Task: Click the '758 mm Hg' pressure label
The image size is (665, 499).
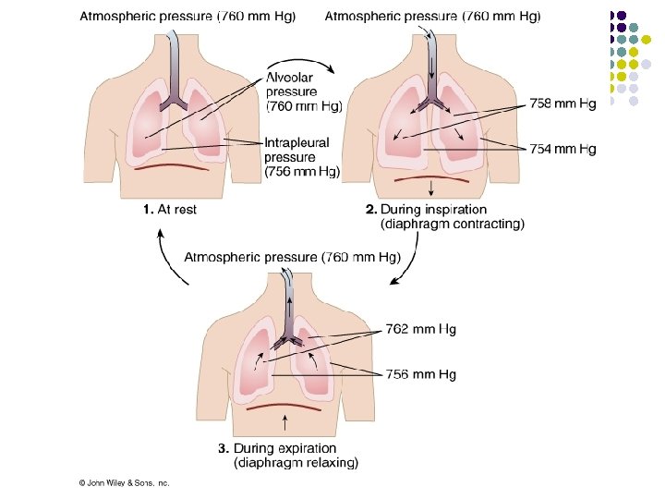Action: tap(562, 103)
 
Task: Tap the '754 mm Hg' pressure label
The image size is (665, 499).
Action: tap(562, 149)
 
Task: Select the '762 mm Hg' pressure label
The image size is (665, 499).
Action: tap(421, 329)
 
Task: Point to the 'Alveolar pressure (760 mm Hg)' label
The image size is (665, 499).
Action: tap(304, 91)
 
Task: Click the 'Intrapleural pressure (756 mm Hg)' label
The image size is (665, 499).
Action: tap(302, 157)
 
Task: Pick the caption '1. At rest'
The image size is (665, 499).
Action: tap(170, 209)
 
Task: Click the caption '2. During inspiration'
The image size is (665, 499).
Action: tap(426, 209)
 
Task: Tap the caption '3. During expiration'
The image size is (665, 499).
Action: tap(277, 448)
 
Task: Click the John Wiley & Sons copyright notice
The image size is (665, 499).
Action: tap(124, 483)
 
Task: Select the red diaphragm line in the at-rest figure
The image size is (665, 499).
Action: tap(172, 166)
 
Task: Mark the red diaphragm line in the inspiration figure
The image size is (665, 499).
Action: tap(431, 177)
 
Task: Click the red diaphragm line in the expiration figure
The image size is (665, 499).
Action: tap(284, 406)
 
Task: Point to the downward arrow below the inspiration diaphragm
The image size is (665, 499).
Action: tap(431, 189)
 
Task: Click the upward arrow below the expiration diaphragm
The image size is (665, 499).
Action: tap(285, 422)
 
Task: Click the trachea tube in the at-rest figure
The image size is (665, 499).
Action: tap(174, 70)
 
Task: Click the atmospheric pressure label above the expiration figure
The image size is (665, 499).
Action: tap(293, 258)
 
